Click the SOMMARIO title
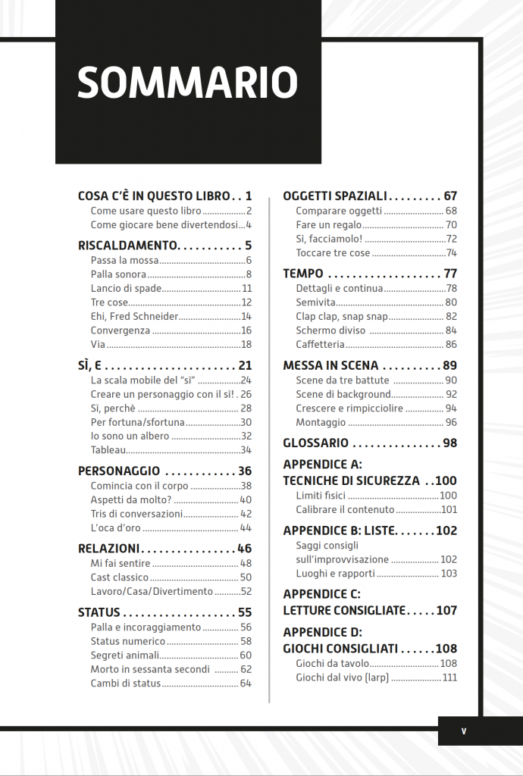pos(187,82)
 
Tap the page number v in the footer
pos(463,731)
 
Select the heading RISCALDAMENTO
pos(127,246)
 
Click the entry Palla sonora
pos(117,274)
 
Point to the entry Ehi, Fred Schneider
pos(133,316)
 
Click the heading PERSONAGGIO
pos(119,471)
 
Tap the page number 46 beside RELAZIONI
pos(244,548)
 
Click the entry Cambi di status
pos(126,683)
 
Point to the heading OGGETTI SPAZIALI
pos(335,196)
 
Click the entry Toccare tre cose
pos(333,253)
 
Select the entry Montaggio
pos(321,422)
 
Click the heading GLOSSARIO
pos(315,443)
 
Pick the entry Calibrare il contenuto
pos(343,510)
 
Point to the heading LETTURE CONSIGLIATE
pos(345,610)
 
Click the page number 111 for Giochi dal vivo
pos(450,677)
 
